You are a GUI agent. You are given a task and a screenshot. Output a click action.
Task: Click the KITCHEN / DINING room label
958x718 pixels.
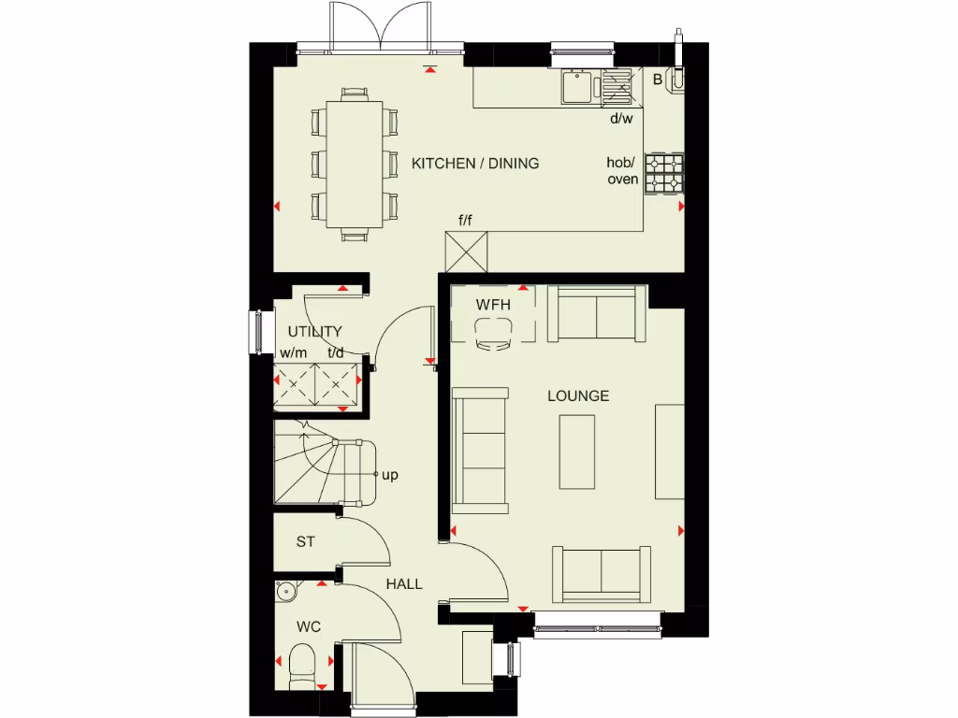click(475, 164)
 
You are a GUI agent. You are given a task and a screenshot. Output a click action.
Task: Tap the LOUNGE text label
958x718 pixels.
click(578, 396)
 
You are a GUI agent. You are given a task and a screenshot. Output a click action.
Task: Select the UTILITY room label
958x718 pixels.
click(314, 332)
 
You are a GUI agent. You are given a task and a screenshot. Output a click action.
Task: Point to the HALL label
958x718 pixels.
click(404, 584)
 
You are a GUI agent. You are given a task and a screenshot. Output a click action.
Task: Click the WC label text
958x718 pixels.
click(309, 626)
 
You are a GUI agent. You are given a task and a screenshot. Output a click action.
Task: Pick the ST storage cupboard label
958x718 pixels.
click(305, 541)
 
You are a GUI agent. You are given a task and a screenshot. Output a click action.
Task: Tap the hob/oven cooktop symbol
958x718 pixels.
click(664, 173)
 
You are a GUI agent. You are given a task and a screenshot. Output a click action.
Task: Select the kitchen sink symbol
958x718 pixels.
click(575, 88)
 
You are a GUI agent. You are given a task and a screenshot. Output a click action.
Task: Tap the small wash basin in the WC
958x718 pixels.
click(286, 591)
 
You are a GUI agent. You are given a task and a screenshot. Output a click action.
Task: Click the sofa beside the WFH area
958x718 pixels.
click(596, 313)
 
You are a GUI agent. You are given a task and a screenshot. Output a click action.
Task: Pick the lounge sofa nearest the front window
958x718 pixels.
click(601, 573)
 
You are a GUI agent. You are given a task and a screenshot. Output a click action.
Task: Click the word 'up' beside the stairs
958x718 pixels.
click(390, 475)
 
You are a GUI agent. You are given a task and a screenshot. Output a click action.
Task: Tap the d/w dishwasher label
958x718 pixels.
click(621, 119)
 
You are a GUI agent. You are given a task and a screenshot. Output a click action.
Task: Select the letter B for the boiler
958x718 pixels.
click(658, 80)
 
